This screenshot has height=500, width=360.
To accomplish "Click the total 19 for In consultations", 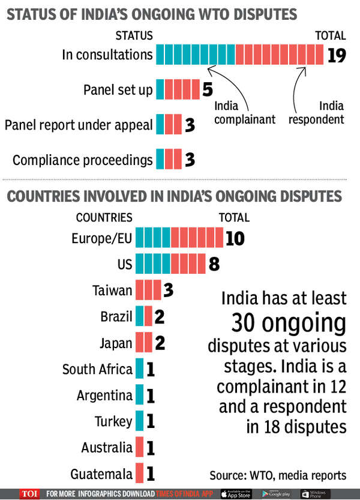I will [x=338, y=55].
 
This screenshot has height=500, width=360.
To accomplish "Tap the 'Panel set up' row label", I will [x=118, y=91].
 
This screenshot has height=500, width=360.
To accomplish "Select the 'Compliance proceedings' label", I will [x=82, y=160].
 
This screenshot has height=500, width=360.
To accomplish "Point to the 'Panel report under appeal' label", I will [x=79, y=125].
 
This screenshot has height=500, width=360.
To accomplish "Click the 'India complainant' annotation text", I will [x=244, y=112].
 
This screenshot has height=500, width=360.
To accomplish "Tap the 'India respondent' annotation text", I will [x=316, y=112].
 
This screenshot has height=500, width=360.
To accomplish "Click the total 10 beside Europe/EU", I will [x=235, y=238].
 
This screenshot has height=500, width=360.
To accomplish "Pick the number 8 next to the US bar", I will [x=214, y=264].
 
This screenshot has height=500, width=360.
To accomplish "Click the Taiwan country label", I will [x=112, y=291].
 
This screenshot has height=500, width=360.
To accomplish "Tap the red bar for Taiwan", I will [x=148, y=291].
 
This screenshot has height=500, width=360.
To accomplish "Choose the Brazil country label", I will [x=116, y=316].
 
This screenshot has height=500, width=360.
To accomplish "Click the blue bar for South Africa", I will [x=140, y=369].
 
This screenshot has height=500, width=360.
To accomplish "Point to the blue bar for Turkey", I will [x=140, y=421].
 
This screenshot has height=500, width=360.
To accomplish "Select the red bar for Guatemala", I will [x=140, y=474].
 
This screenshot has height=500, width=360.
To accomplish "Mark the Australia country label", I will [x=107, y=447].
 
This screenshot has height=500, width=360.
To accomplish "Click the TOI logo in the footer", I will [x=29, y=493].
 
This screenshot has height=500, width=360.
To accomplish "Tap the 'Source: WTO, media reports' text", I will [x=278, y=475].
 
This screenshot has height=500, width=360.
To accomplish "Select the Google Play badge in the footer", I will [x=275, y=493].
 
